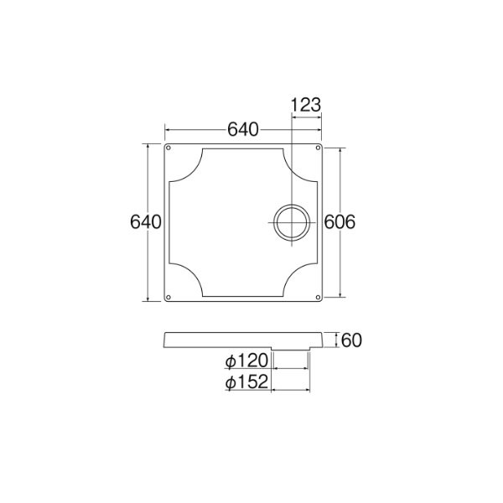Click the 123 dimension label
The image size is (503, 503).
click(305, 106)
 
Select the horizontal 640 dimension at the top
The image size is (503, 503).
click(243, 130)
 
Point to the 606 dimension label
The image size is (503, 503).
click(340, 222)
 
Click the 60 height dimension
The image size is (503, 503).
click(351, 340)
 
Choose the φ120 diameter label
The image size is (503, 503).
click(246, 361)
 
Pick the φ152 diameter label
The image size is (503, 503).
click(246, 382)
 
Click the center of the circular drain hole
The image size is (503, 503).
click(290, 222)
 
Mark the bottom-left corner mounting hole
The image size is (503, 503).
click(169, 296)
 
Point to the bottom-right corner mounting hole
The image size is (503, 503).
click(317, 296)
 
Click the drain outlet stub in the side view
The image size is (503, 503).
click(290, 349)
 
